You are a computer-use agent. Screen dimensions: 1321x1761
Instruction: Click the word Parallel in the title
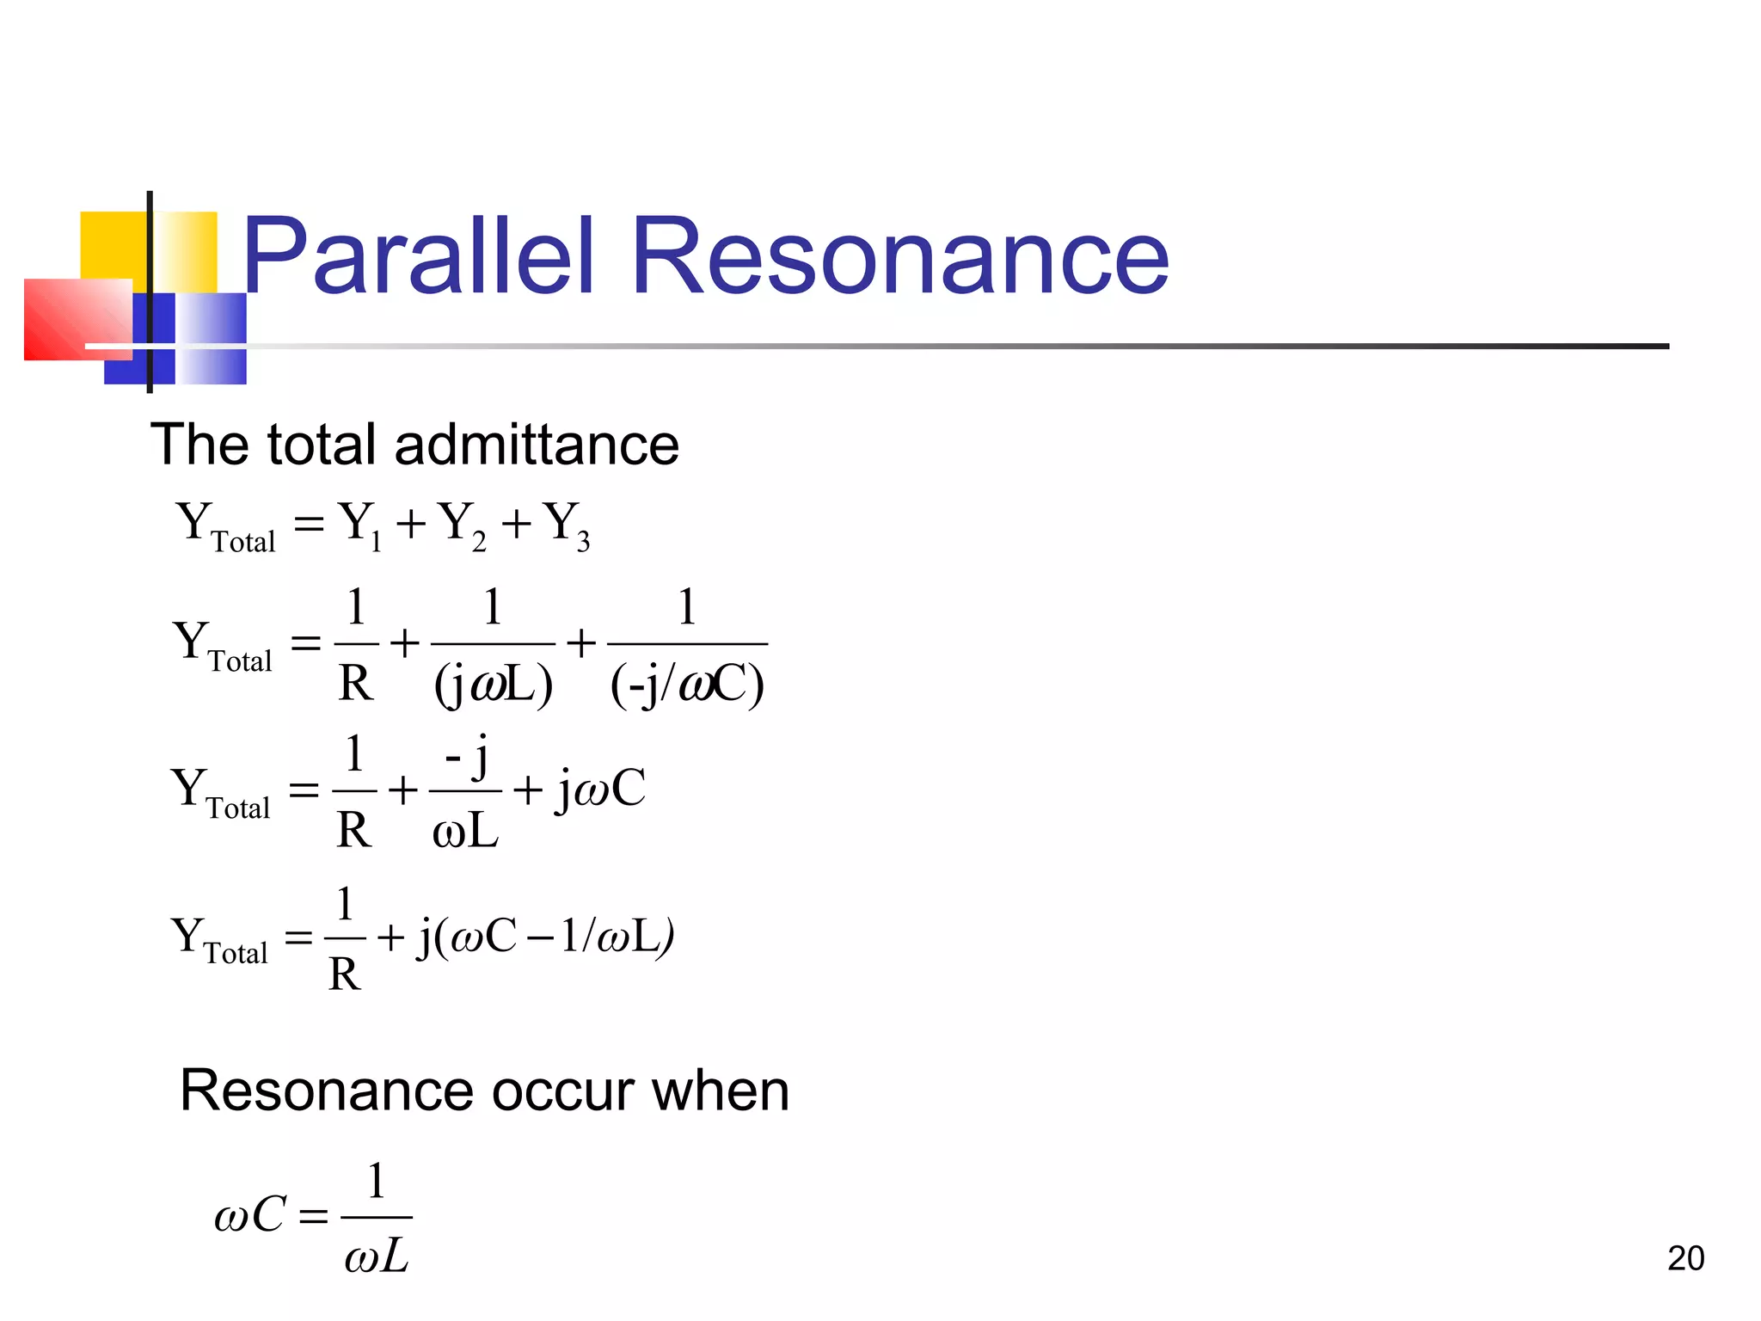(x=418, y=256)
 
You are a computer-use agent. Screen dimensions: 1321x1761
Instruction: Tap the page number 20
(x=1685, y=1258)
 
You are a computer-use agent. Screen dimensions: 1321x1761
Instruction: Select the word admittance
(x=537, y=445)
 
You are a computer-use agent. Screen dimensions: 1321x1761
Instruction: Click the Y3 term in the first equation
(x=568, y=525)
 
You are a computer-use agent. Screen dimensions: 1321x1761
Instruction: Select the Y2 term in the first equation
(x=462, y=525)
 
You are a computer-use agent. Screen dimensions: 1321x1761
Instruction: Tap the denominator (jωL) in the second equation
(x=493, y=685)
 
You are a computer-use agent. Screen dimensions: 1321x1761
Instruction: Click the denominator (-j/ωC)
(x=687, y=685)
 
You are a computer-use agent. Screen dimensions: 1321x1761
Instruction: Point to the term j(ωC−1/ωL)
(x=545, y=936)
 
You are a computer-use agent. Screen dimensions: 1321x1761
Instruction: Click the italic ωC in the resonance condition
(x=249, y=1215)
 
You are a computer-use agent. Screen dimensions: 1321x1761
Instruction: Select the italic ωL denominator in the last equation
(x=377, y=1257)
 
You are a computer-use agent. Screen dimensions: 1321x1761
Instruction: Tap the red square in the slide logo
(x=77, y=319)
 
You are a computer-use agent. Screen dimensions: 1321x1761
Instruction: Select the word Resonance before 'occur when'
(x=326, y=1091)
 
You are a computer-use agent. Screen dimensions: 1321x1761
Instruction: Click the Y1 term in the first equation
(x=360, y=525)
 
